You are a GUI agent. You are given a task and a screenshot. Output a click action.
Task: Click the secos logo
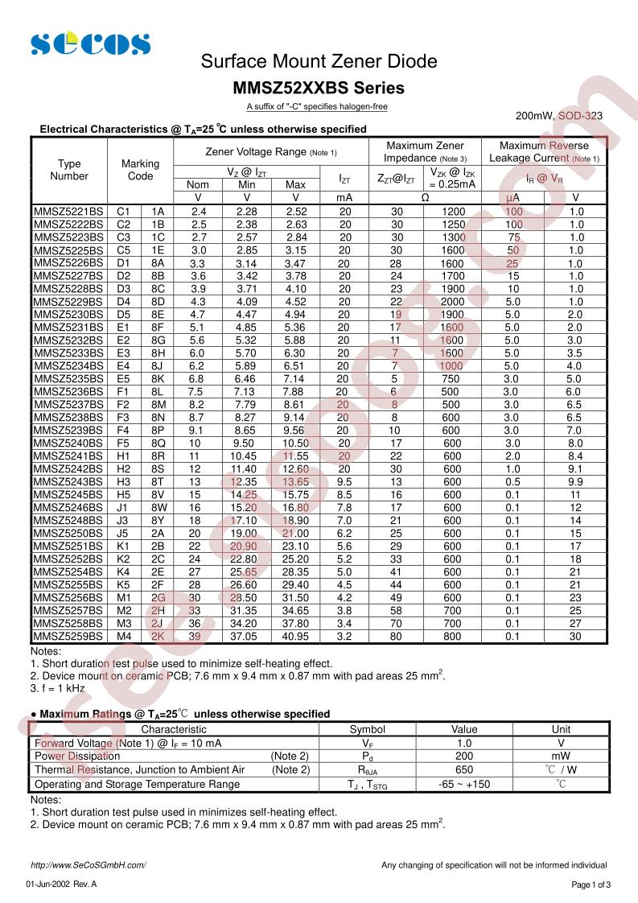90,43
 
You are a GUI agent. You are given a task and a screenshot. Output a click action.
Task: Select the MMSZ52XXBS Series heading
319,88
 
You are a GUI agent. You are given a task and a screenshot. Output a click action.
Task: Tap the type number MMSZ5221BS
69,211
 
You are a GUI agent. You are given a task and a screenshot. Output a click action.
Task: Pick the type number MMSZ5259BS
69,636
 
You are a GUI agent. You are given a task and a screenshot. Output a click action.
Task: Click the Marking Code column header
140,170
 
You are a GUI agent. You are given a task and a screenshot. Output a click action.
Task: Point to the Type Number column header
69,170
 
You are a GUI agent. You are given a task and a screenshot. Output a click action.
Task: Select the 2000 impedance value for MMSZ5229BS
452,301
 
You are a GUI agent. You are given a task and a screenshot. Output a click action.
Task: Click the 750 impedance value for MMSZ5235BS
452,378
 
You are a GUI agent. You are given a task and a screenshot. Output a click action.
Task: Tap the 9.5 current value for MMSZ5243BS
344,481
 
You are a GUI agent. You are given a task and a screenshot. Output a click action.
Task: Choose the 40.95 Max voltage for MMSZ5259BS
295,636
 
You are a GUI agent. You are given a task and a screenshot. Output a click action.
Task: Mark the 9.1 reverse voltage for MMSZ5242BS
575,468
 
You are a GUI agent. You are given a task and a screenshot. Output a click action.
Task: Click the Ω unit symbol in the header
425,197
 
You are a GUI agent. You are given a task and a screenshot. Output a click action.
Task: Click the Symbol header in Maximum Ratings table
367,729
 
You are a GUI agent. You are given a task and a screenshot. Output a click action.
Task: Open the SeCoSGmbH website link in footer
88,865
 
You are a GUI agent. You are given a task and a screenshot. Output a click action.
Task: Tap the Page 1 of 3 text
591,884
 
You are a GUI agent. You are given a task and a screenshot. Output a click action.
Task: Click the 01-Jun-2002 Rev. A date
61,884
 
